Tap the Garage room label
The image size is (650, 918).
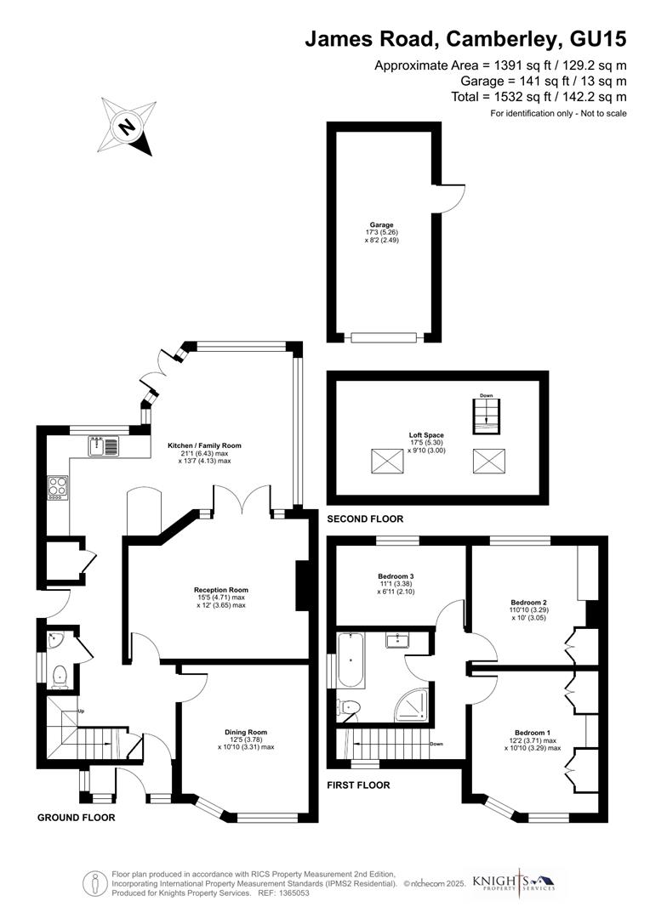point(381,225)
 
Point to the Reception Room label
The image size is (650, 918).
point(220,589)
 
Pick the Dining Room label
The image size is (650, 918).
point(246,732)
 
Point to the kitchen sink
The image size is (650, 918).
point(105,445)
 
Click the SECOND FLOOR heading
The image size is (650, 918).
point(365,518)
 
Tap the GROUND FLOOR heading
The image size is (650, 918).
point(76,818)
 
